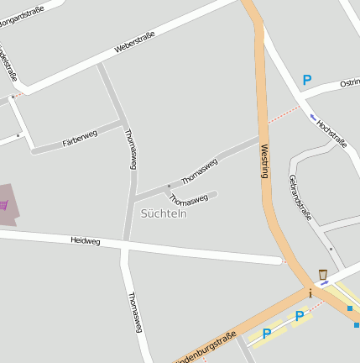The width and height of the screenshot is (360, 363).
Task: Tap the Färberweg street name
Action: [x=80, y=139]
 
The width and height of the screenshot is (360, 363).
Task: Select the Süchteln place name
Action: [x=164, y=213]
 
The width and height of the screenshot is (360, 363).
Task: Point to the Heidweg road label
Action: [x=85, y=241]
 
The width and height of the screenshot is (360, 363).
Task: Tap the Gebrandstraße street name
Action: [x=300, y=197]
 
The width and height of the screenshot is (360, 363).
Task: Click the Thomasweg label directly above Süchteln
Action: [x=189, y=199]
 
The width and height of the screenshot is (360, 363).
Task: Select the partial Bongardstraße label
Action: [x=22, y=15]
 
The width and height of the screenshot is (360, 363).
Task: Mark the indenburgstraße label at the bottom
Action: [x=206, y=348]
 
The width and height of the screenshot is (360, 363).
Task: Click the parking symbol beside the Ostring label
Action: [x=307, y=80]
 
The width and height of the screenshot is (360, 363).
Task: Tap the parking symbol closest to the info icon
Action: [x=299, y=316]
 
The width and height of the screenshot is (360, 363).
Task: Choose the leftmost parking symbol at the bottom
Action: [x=267, y=334]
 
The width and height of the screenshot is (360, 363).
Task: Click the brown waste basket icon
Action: [x=323, y=274]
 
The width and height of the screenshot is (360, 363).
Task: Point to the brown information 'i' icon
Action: [x=310, y=293]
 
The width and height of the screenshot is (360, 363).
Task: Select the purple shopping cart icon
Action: [x=3, y=204]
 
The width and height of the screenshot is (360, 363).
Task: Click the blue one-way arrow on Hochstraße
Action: [x=313, y=117]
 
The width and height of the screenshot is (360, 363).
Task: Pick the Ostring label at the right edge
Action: [x=350, y=83]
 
